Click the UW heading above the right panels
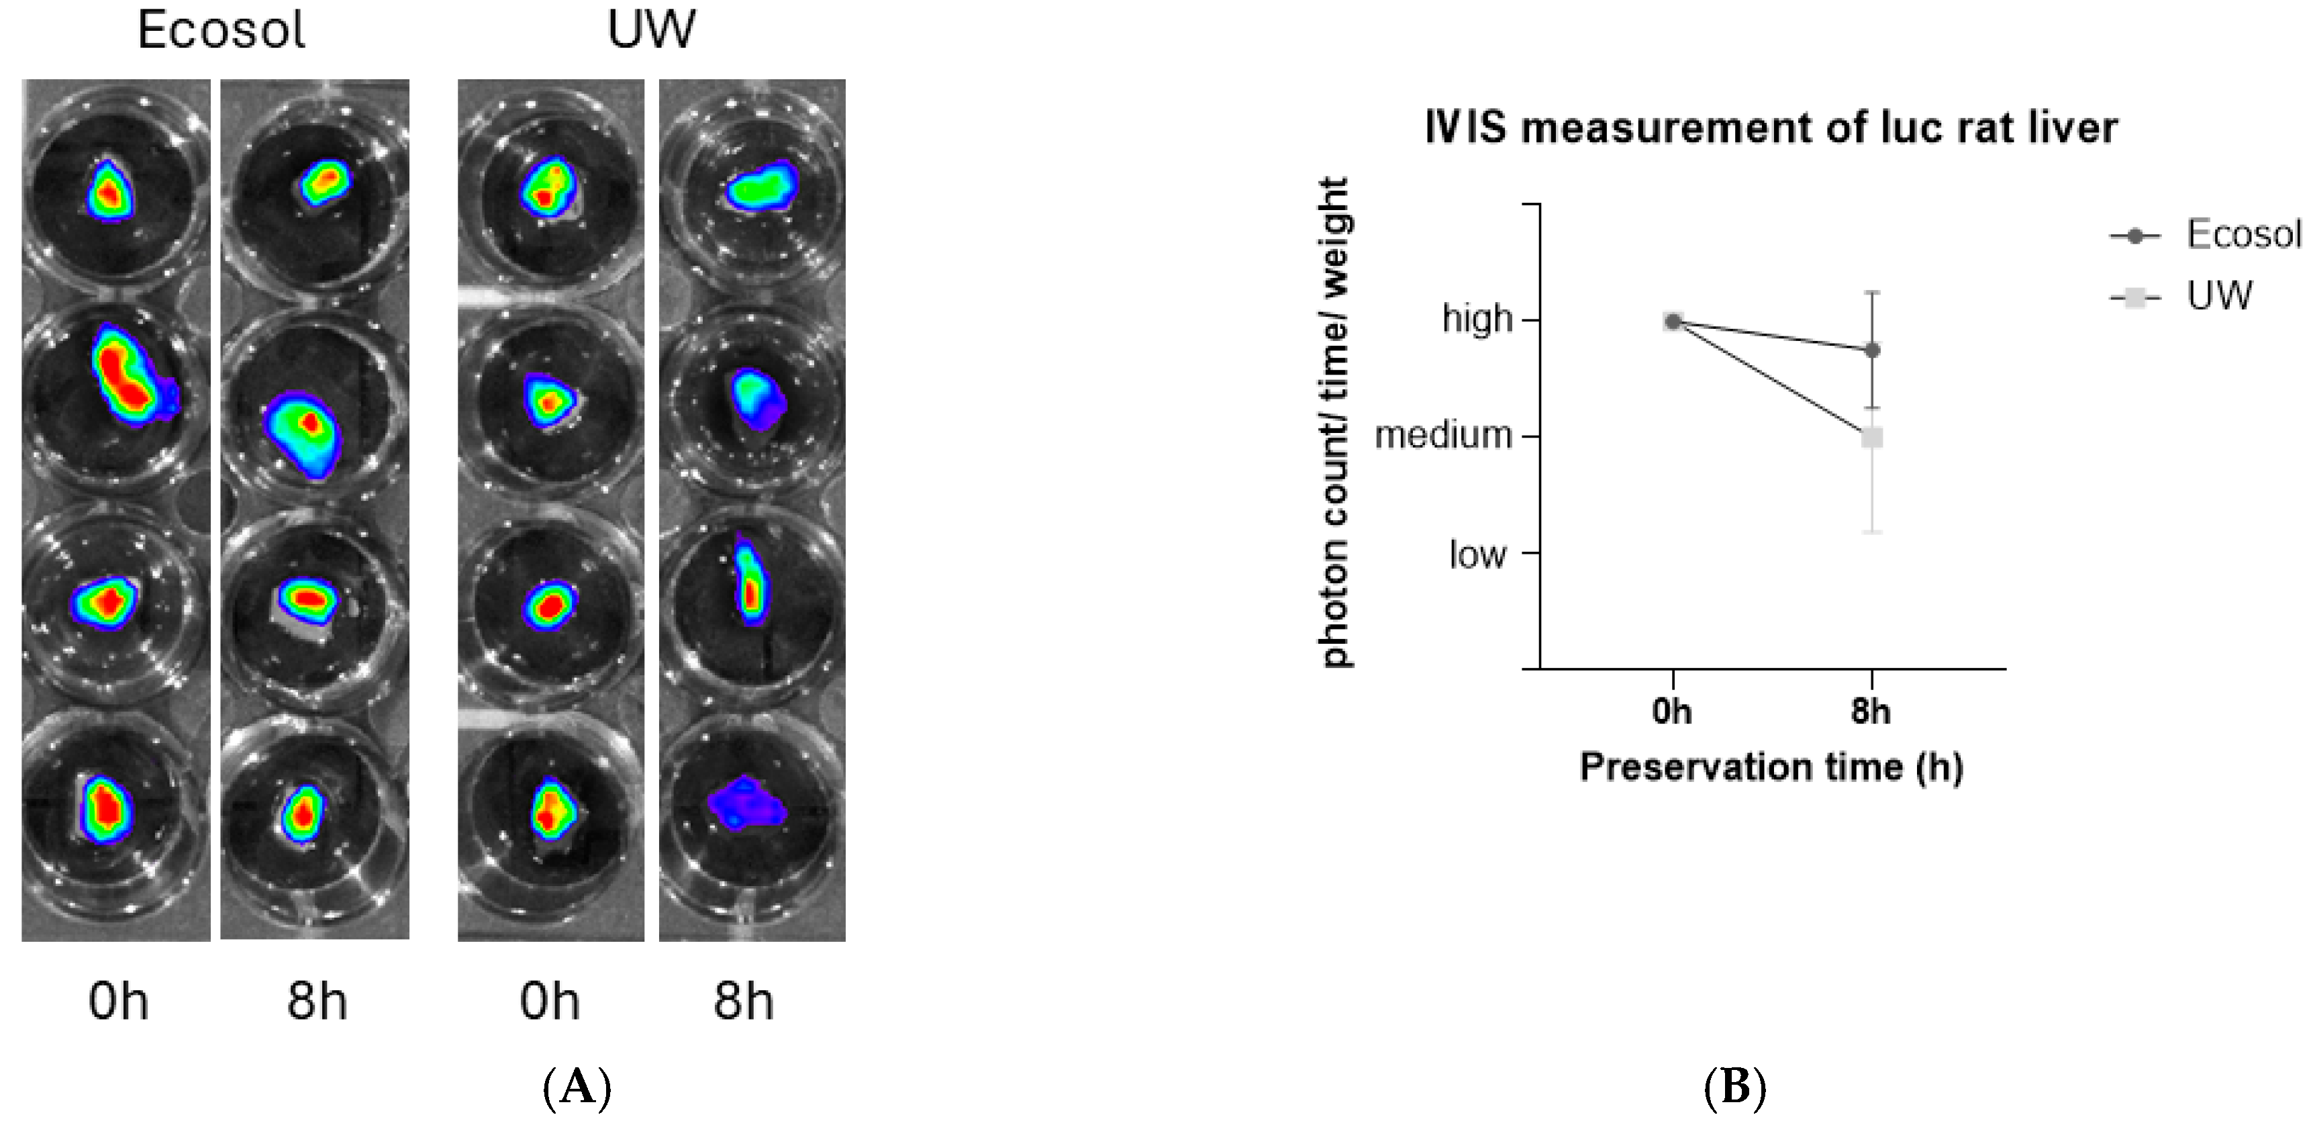tap(650, 29)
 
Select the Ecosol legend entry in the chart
tap(2243, 235)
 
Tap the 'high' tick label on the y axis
tap(1477, 320)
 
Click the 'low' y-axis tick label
tap(1477, 555)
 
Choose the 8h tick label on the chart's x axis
tap(1871, 712)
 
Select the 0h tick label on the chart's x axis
tap(1672, 712)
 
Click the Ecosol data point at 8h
tap(1872, 350)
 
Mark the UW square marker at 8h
tap(1872, 438)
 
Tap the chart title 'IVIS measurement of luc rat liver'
tap(1771, 128)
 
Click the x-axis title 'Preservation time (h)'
tap(1771, 768)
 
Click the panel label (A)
tap(577, 1088)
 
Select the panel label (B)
tap(1734, 1088)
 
